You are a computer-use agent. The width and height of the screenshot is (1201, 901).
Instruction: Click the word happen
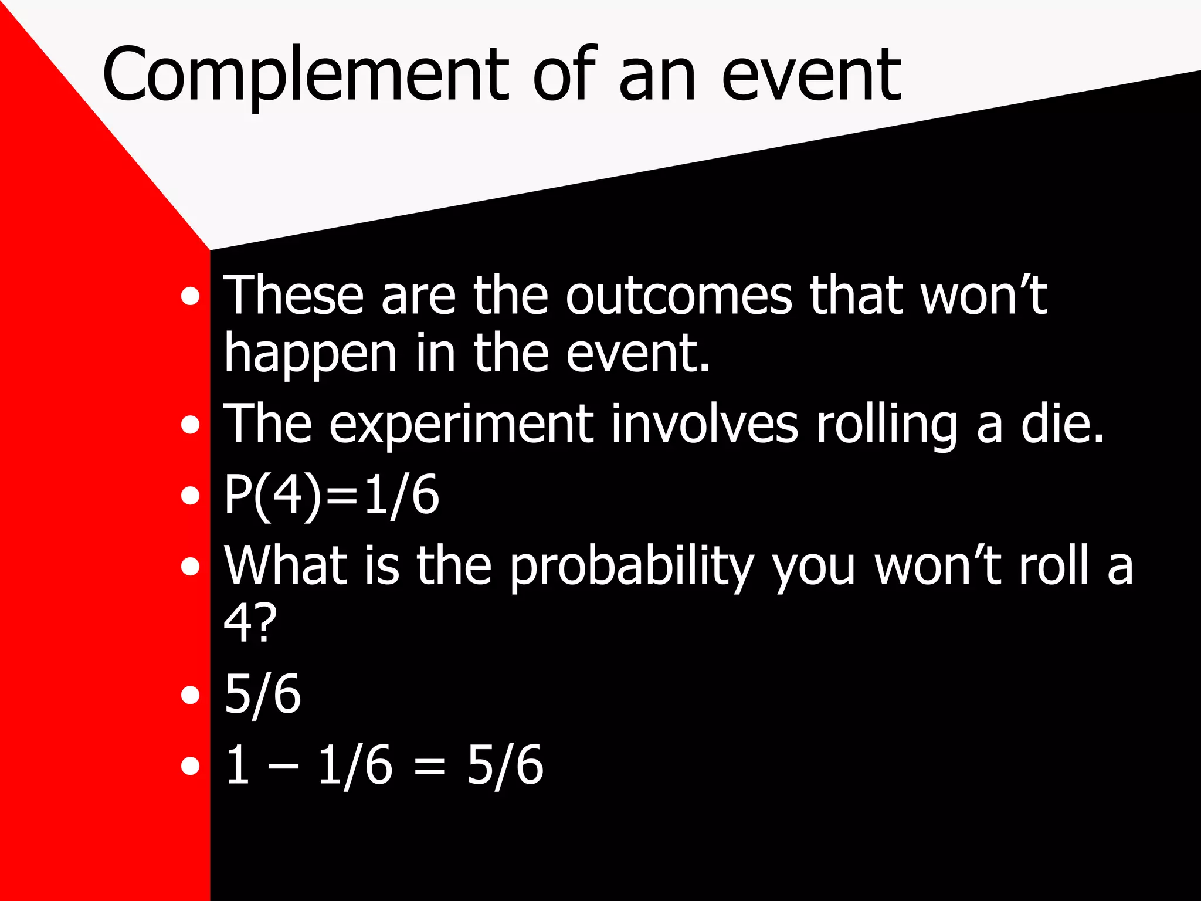311,355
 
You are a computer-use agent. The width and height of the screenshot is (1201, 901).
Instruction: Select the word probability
631,567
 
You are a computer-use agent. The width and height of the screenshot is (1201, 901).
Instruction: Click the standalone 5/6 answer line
263,695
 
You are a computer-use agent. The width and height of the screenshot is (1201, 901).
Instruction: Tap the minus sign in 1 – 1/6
283,766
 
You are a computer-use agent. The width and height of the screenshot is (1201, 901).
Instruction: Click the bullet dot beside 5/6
190,695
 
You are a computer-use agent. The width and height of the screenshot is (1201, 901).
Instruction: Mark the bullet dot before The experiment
190,425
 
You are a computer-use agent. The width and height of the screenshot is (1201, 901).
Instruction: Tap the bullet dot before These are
190,296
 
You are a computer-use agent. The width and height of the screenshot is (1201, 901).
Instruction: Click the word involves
704,424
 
